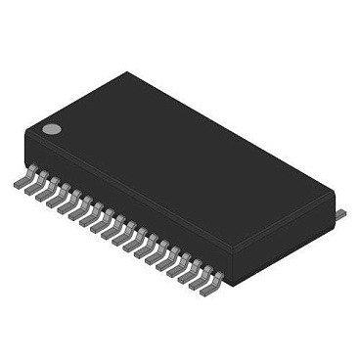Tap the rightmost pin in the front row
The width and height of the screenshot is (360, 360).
210,289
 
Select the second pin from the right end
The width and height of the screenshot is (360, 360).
199,282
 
